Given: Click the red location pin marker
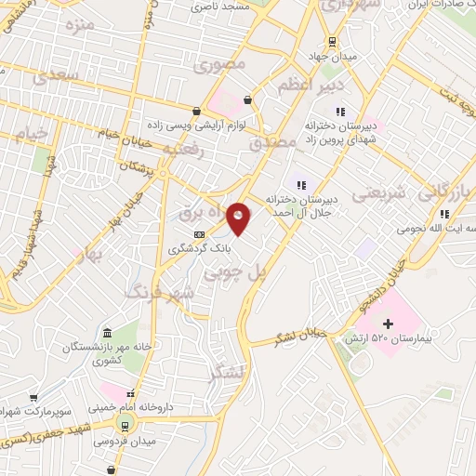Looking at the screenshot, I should [x=239, y=219].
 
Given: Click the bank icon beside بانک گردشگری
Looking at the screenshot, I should [x=198, y=234].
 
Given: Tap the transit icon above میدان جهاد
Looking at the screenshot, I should [x=330, y=42].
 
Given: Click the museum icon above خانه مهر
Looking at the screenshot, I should [x=107, y=333].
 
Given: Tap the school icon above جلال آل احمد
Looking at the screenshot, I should [x=300, y=183].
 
